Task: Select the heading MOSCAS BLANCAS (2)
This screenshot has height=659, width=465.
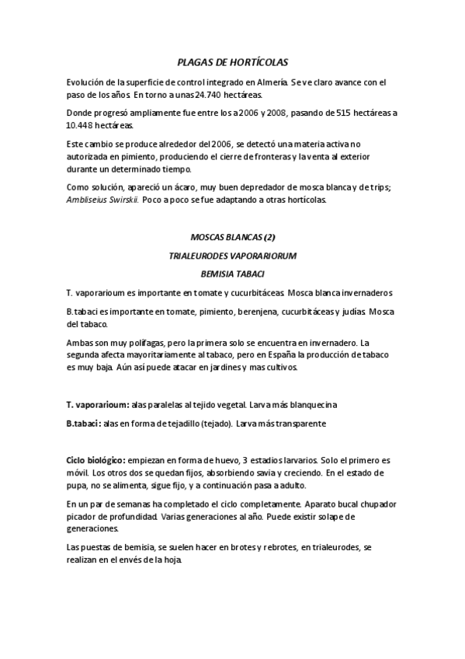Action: (x=232, y=236)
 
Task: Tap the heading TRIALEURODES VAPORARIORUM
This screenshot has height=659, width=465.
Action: (x=232, y=255)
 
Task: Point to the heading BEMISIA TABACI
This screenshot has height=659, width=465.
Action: (x=232, y=274)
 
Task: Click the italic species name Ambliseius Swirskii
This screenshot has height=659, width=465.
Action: (x=102, y=200)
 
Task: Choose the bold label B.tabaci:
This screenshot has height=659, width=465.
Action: (x=85, y=424)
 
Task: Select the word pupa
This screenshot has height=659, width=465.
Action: (x=78, y=484)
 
